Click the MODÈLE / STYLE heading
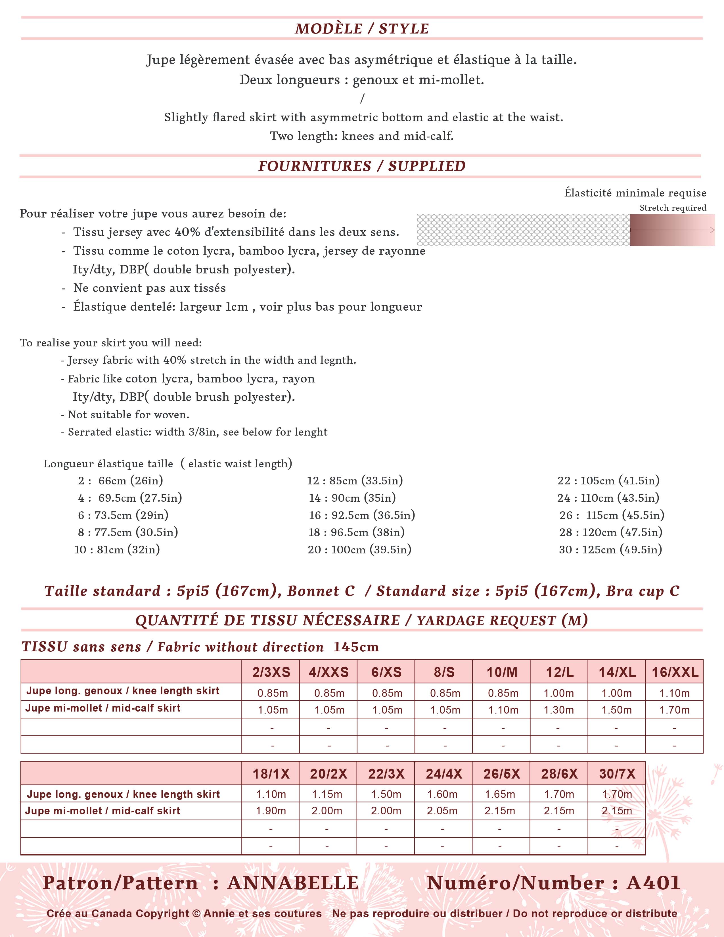pos(361,29)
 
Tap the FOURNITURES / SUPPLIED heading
pos(361,166)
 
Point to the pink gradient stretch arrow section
pos(672,230)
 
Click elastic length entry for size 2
pos(120,480)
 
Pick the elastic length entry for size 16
pos(361,515)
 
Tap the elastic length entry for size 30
pos(610,550)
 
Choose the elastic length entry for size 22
pos(608,480)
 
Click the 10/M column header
pos(501,672)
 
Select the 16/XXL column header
pos(675,672)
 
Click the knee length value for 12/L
pos(559,693)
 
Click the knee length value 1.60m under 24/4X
pos(442,794)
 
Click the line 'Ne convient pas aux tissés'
pos(149,288)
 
